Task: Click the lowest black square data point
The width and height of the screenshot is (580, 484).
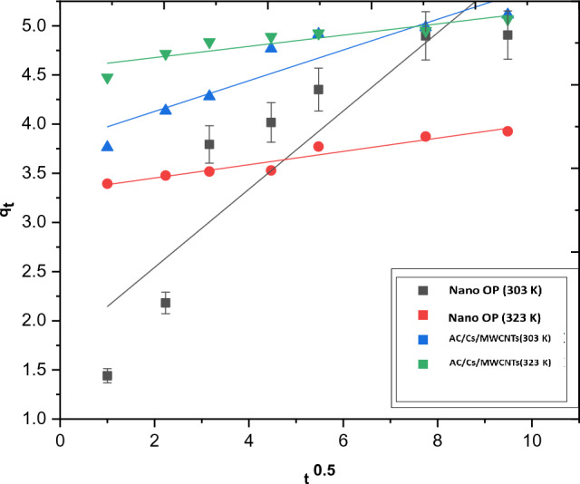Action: [x=107, y=375]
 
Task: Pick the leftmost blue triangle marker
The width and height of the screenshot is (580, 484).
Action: [x=107, y=146]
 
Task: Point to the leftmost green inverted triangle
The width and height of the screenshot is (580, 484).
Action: [x=107, y=79]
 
